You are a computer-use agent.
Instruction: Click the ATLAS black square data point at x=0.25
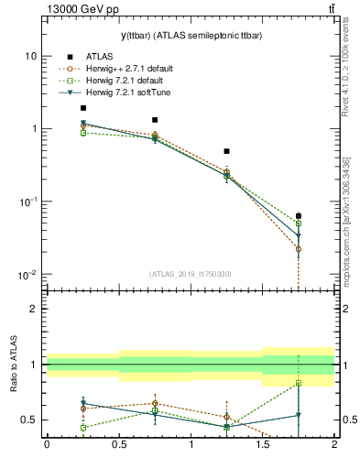[83, 108]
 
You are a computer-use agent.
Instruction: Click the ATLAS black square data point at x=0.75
[155, 120]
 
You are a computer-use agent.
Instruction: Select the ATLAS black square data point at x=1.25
[227, 151]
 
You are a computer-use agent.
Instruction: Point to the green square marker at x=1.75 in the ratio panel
[299, 383]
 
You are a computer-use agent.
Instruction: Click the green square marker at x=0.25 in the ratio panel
[83, 428]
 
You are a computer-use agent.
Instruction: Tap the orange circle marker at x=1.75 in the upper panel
[299, 249]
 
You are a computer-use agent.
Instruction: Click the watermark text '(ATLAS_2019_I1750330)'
[191, 274]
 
